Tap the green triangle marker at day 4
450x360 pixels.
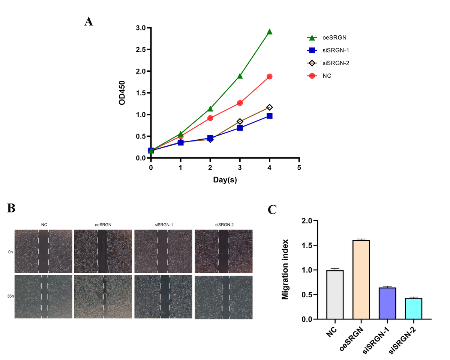269,32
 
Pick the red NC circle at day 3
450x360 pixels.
240,103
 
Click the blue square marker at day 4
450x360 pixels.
269,116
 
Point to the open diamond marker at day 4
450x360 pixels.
269,107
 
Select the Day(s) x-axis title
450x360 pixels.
225,180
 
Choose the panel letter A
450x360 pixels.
88,21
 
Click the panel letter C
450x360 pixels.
272,209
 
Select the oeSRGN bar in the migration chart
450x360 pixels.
361,280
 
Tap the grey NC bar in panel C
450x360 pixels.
335,295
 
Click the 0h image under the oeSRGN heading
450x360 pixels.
103,251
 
